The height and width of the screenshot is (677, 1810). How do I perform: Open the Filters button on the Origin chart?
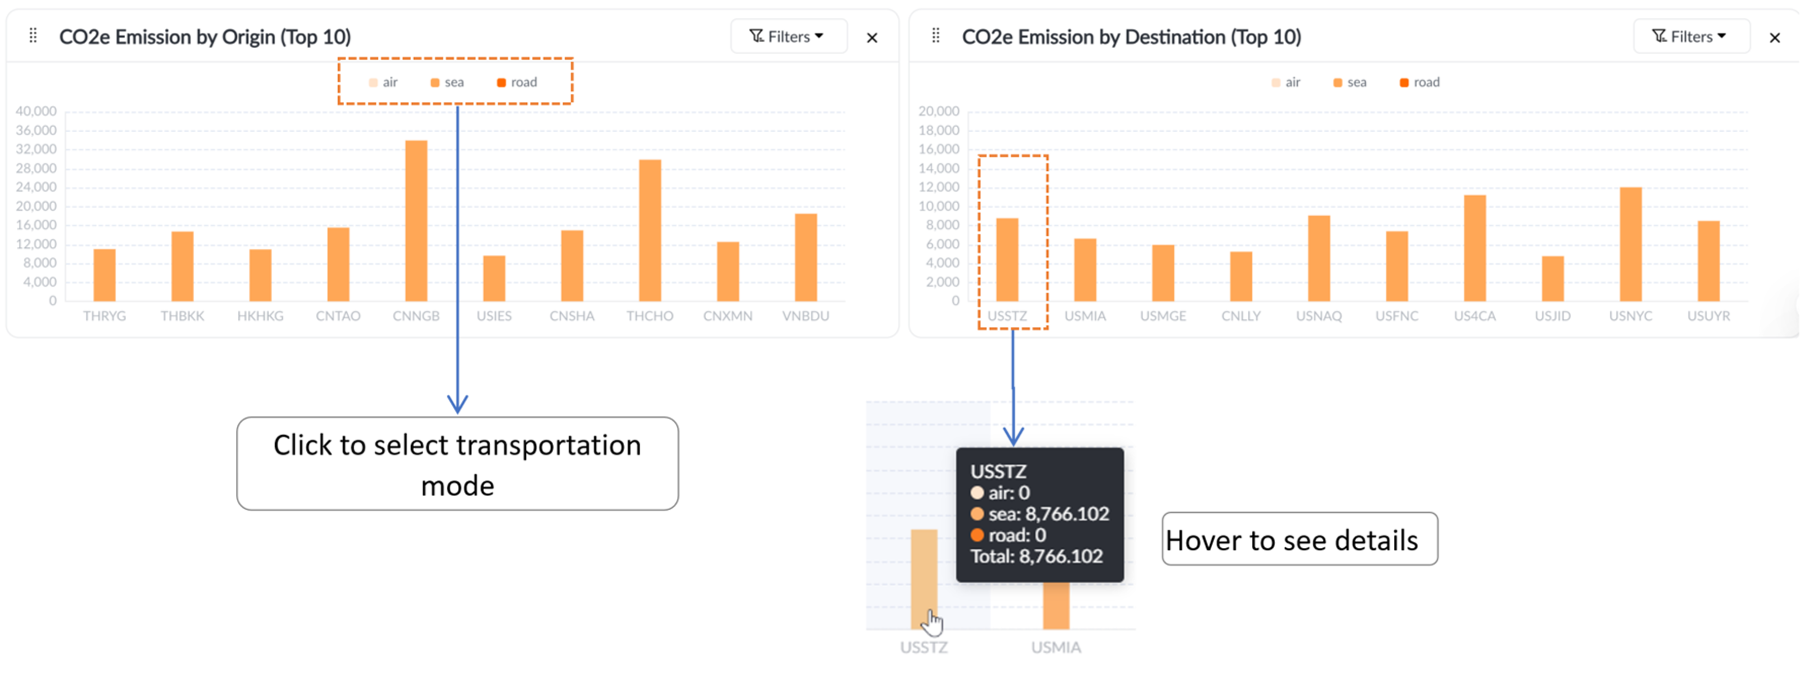pos(788,36)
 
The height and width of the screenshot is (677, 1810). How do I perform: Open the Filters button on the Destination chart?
pos(1690,36)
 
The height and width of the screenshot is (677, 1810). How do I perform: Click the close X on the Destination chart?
pos(1774,38)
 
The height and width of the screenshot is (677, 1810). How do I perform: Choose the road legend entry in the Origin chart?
pos(517,82)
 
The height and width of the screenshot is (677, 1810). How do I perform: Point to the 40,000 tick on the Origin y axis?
pos(36,111)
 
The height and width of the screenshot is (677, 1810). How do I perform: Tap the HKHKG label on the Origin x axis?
pos(260,316)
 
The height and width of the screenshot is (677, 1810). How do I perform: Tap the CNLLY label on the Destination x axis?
pos(1241,316)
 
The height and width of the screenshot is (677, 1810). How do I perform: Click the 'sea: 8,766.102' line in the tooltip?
pos(1040,514)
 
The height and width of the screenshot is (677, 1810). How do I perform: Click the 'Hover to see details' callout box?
pos(1298,539)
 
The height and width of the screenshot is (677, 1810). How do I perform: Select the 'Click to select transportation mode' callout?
pos(457,464)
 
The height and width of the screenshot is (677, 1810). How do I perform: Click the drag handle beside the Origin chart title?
pos(33,36)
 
